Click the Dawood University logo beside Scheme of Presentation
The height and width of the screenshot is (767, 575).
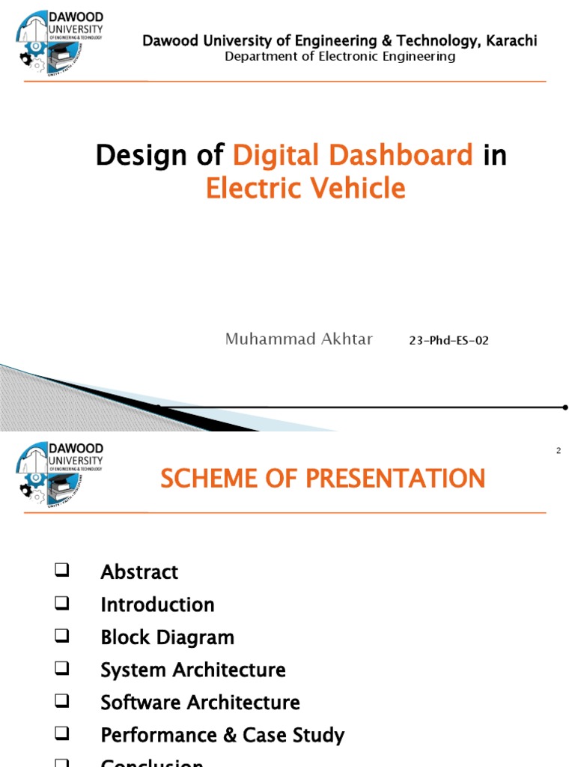58,473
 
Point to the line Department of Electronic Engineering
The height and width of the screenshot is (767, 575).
340,57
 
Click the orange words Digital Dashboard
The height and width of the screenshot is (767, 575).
353,156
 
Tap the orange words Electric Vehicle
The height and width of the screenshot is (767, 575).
305,188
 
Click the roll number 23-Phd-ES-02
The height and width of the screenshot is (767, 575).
448,341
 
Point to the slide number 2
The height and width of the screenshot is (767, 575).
559,450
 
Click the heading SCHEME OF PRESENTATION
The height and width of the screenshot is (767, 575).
323,478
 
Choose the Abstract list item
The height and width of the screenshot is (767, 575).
139,572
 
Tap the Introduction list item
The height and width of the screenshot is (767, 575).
157,604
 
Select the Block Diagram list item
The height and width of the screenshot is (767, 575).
167,637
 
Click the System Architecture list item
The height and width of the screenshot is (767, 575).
193,670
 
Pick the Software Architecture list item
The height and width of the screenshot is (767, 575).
200,703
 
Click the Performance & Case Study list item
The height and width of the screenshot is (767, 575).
222,736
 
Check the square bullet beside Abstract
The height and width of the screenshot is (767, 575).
61,571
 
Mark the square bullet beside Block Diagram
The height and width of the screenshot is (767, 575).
61,637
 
